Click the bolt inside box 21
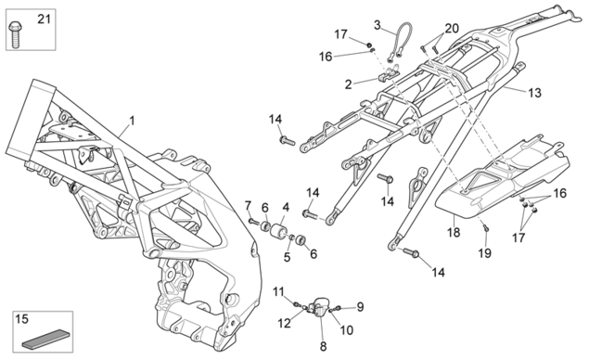point(16,34)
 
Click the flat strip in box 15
point(44,339)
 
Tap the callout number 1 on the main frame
point(132,121)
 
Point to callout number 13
point(534,93)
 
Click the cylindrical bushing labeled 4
point(279,229)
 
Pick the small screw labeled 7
point(254,222)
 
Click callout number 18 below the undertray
point(454,232)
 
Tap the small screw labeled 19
point(485,226)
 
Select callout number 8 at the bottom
point(324,346)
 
